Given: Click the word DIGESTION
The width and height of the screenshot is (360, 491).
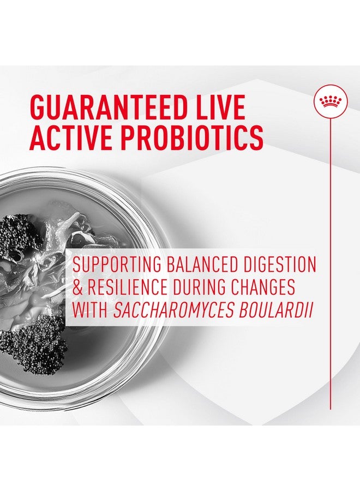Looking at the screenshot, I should (283, 265).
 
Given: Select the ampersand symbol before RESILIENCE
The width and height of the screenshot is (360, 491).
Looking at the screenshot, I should (77, 288).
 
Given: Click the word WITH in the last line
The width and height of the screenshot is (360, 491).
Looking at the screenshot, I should (90, 310).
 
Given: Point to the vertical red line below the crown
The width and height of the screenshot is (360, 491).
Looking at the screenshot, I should (330, 245).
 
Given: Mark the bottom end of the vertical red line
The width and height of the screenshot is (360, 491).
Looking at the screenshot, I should (330, 408).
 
